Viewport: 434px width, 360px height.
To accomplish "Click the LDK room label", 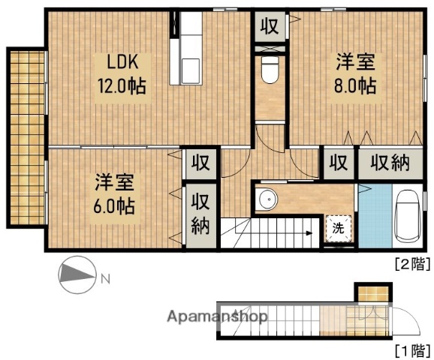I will (x=120, y=61).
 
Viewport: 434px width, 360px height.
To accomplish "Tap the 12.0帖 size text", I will (x=120, y=84).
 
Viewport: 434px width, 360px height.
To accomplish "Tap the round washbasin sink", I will (x=264, y=200).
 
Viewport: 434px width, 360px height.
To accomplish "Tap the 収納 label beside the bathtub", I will (x=389, y=163).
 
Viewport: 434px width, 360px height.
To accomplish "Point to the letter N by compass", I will (x=105, y=280).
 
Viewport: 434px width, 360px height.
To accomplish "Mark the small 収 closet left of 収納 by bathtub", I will (x=339, y=163).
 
